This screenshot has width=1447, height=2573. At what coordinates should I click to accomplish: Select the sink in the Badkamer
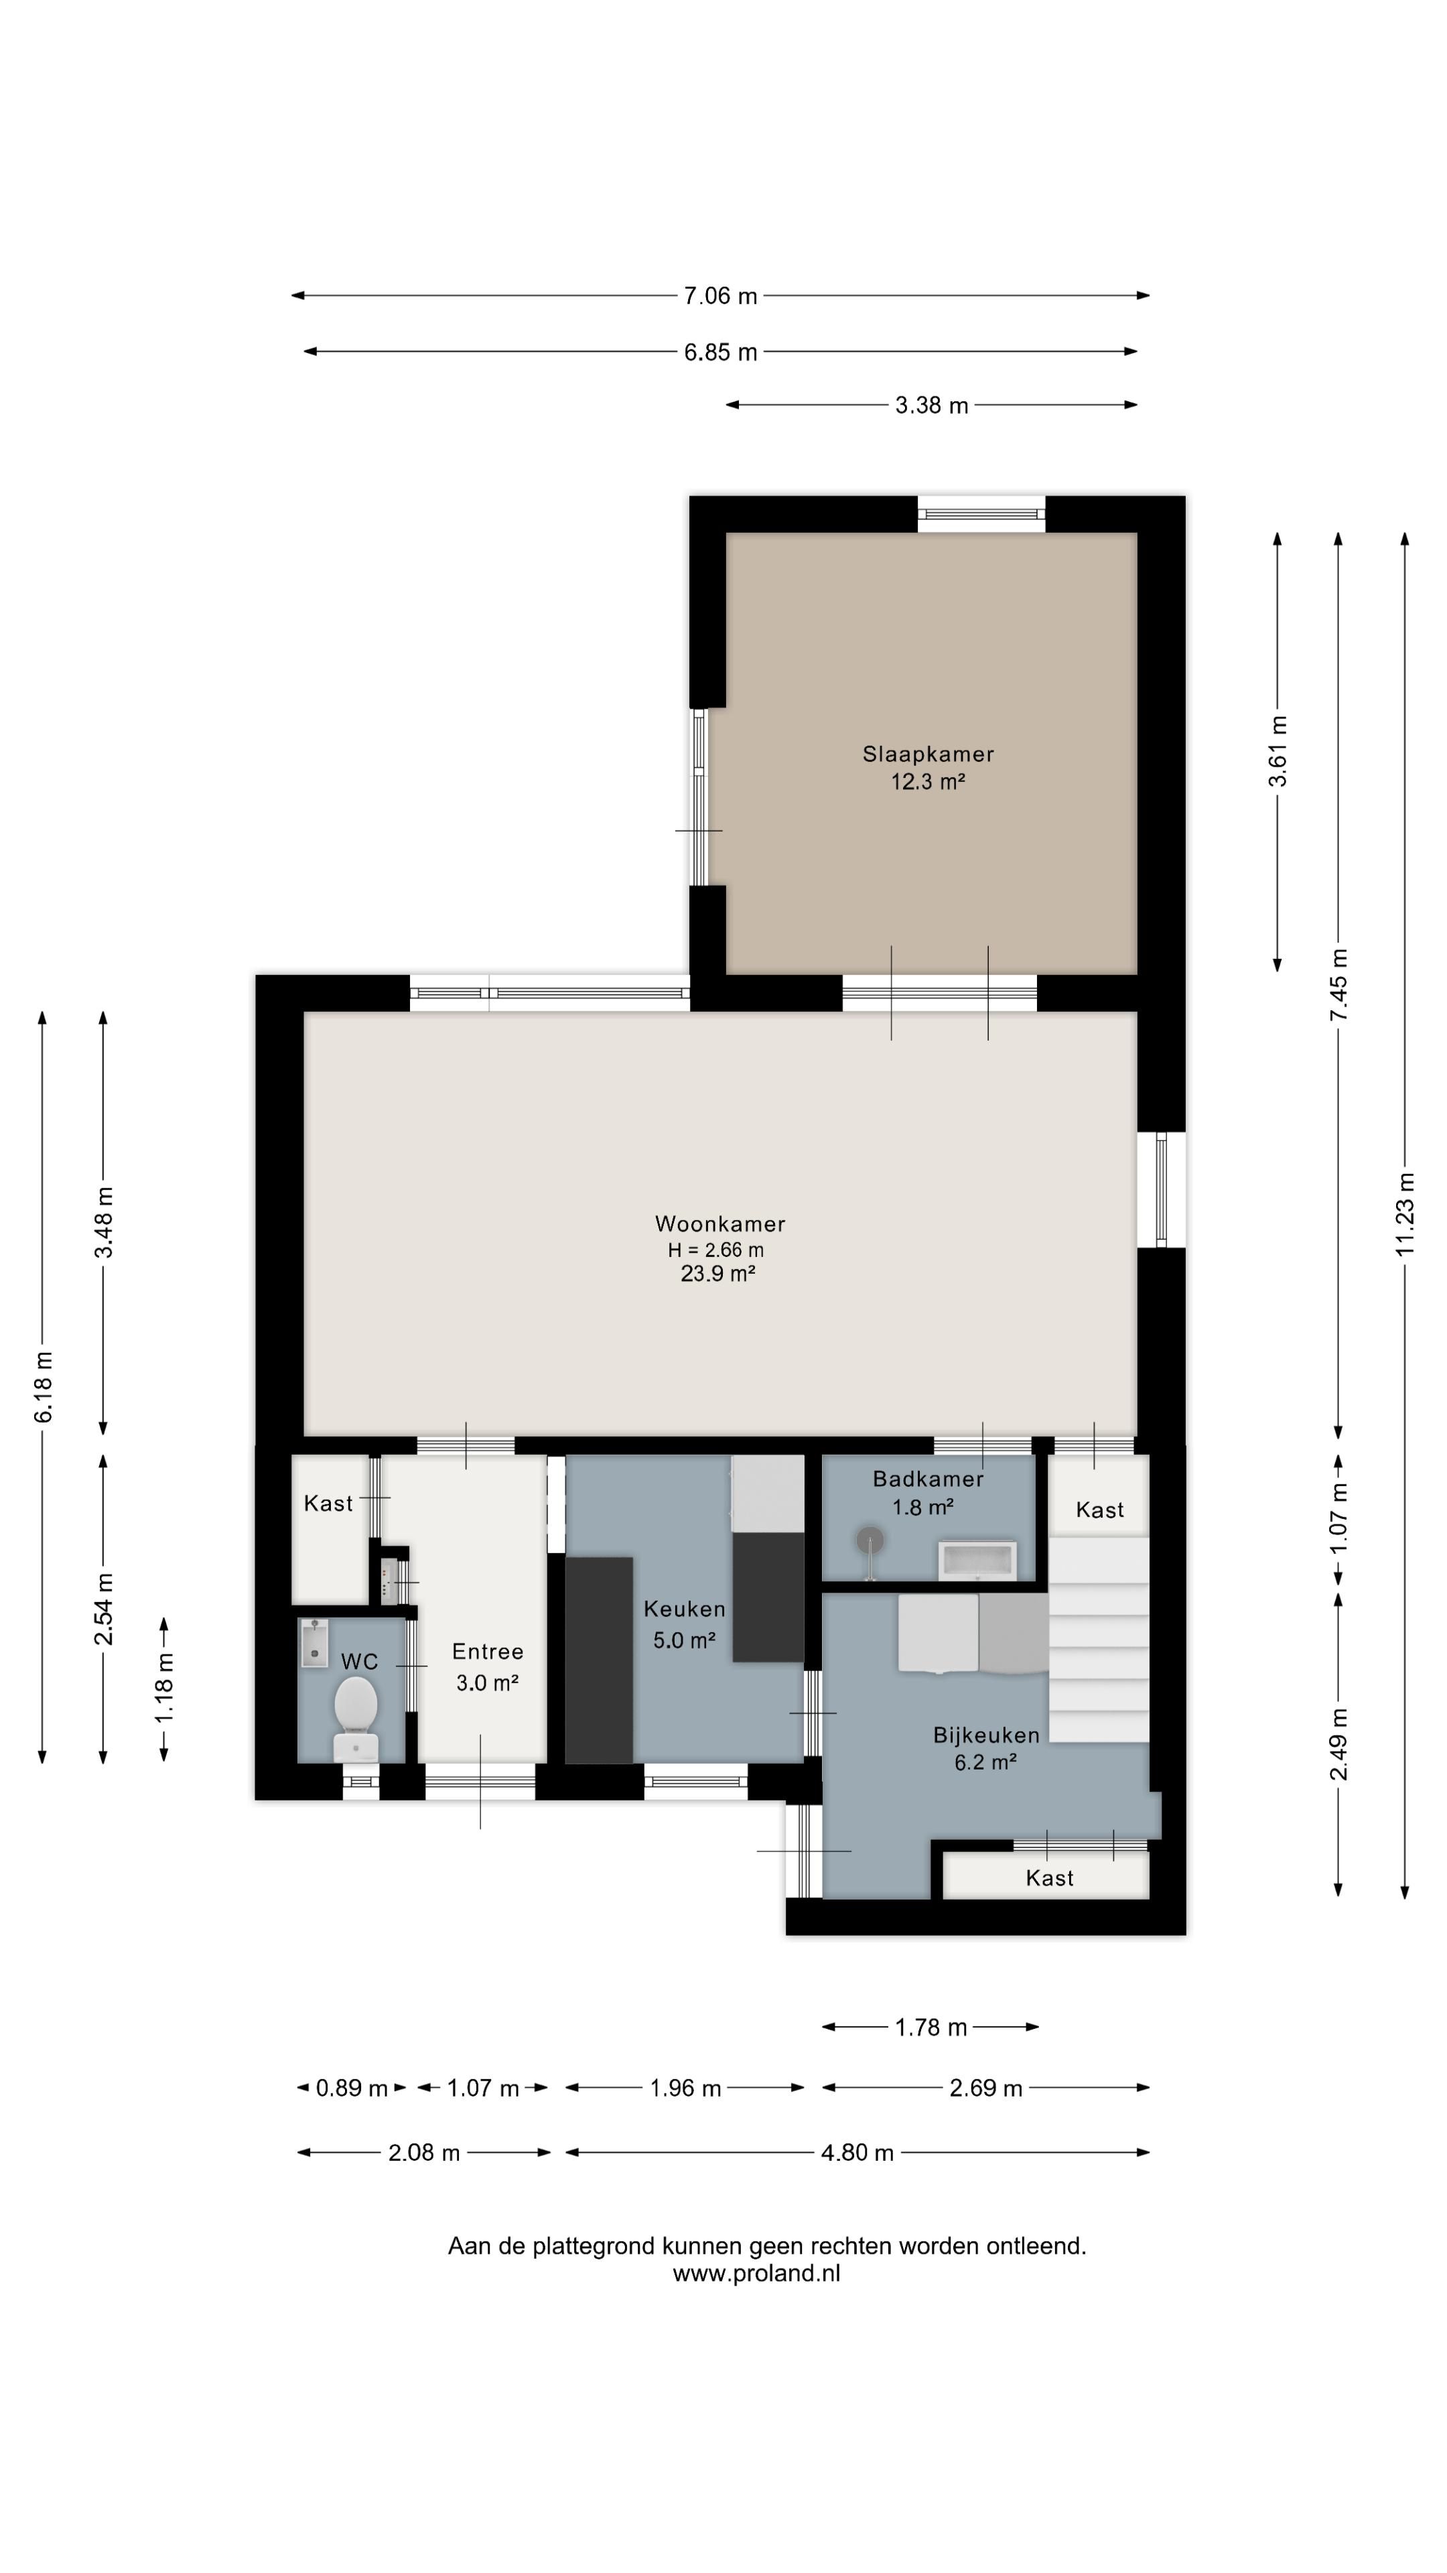[977, 1560]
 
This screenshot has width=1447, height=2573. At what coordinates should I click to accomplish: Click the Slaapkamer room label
[928, 754]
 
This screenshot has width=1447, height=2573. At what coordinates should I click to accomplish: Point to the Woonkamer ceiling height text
[716, 1250]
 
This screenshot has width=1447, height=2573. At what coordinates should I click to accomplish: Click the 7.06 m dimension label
[720, 295]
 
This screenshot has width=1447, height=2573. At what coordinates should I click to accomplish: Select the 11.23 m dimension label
[1405, 1213]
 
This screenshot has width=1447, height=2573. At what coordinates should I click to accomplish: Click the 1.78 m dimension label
[931, 2027]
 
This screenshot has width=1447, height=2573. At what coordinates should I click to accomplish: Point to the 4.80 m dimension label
[857, 2152]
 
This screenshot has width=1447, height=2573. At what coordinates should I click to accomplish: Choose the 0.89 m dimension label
[352, 2089]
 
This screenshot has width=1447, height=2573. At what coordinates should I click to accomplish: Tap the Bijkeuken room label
[987, 1735]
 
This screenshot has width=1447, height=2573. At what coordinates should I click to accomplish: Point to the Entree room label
[487, 1651]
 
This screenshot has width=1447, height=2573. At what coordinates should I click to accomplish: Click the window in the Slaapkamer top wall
[981, 513]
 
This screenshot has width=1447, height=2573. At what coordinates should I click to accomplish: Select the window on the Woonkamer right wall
[1162, 1189]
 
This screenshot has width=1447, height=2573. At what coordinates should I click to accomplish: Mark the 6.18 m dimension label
[43, 1388]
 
